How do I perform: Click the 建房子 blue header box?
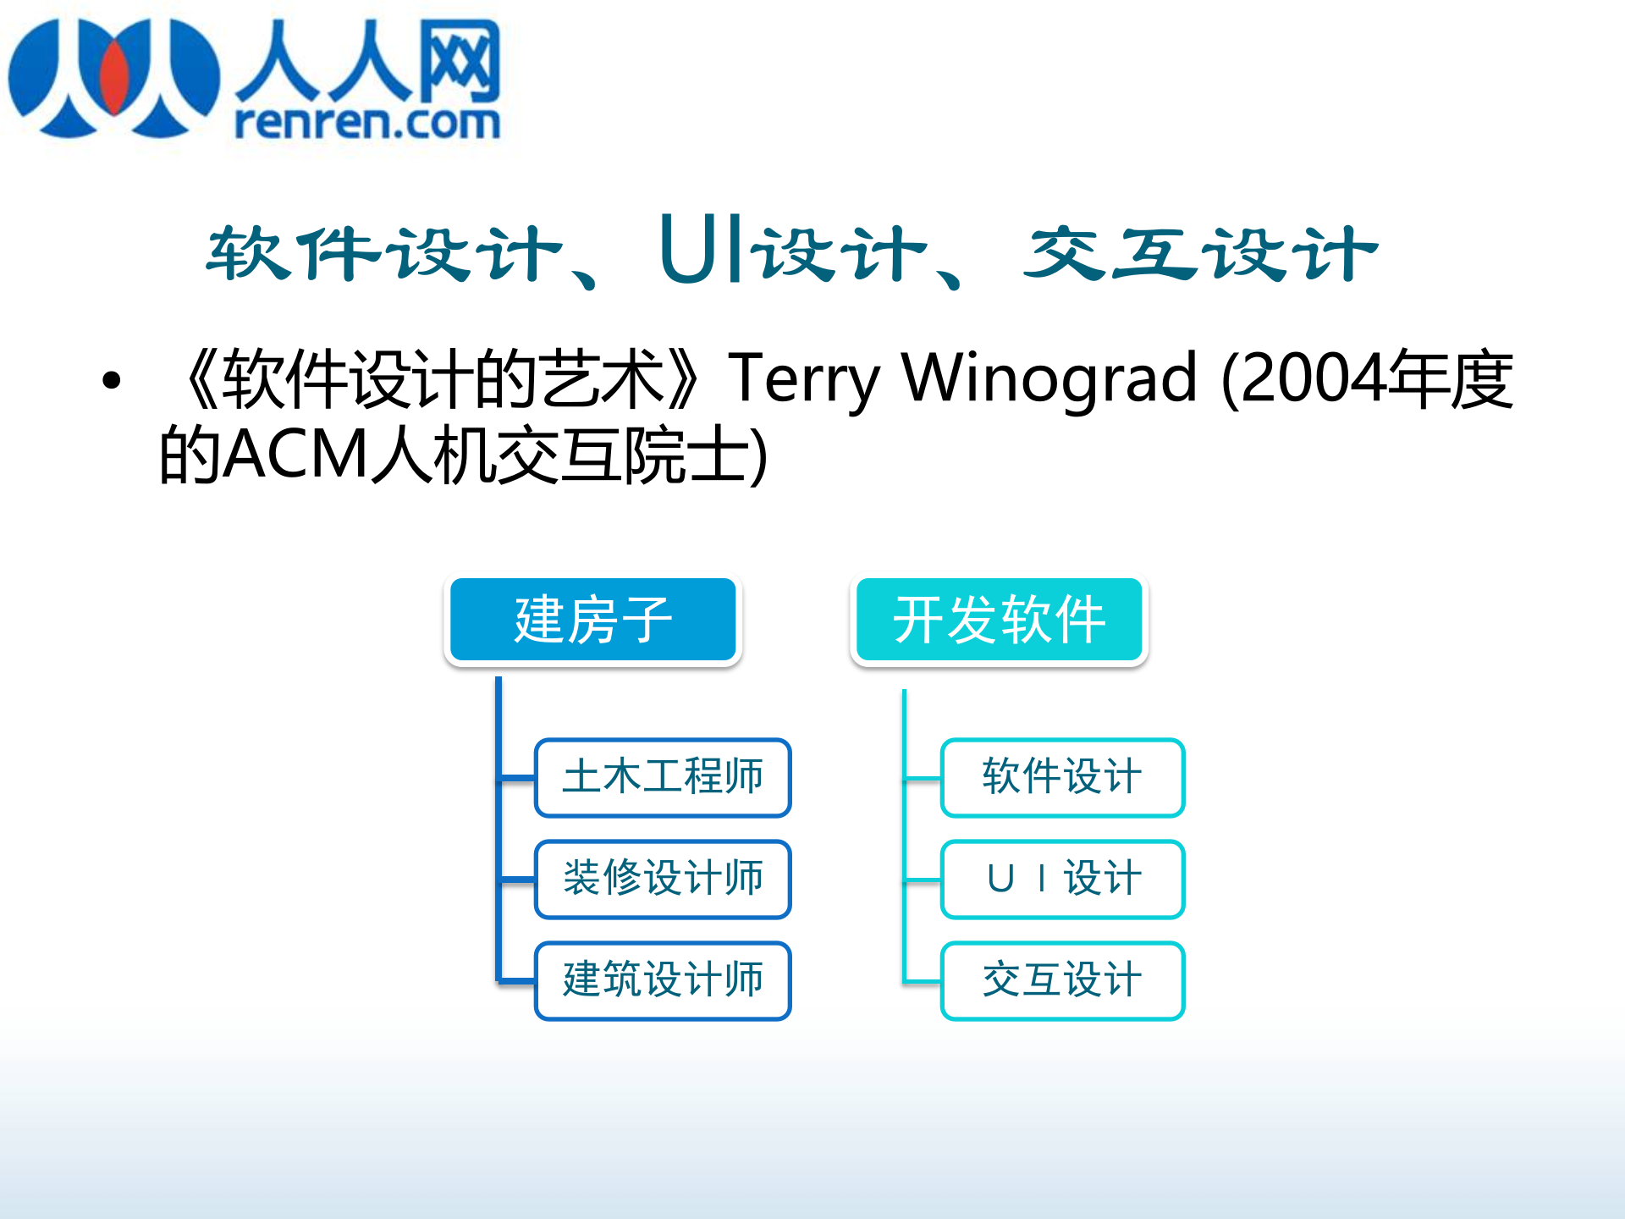tap(592, 619)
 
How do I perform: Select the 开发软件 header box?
tap(999, 619)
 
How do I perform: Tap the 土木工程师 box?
tap(663, 777)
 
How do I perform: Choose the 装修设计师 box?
tap(663, 879)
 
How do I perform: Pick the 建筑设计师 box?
tap(663, 980)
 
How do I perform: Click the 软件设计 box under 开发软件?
tap(1062, 777)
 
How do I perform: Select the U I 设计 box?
tap(1062, 879)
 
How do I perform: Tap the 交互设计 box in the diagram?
tap(1062, 980)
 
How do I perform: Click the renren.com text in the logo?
tap(366, 123)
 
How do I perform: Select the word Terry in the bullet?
tap(804, 378)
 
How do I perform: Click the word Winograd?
tap(1049, 378)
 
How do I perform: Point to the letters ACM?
tap(297, 455)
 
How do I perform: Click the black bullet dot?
tap(111, 380)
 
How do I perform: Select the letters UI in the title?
tap(702, 250)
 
